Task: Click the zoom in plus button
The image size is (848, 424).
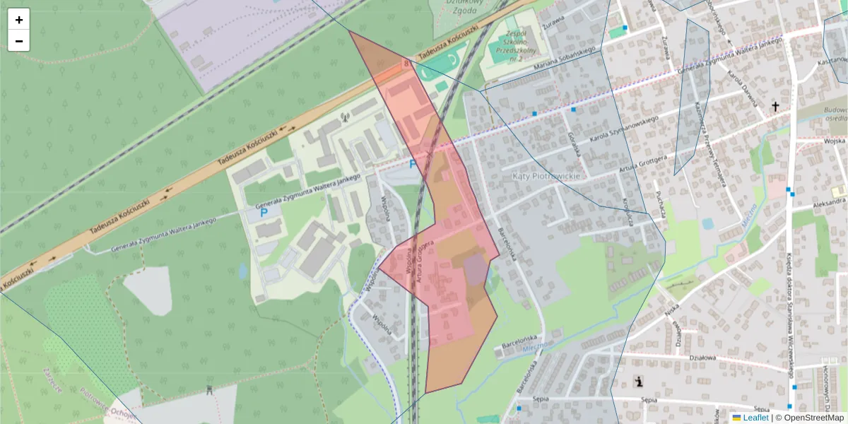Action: click(19, 20)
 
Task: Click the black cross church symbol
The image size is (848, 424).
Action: click(775, 107)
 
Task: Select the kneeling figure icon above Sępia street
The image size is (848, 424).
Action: click(640, 382)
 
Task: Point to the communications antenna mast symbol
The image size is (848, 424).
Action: click(345, 117)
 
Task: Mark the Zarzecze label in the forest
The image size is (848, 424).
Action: click(52, 379)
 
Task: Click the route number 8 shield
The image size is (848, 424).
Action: click(406, 64)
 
